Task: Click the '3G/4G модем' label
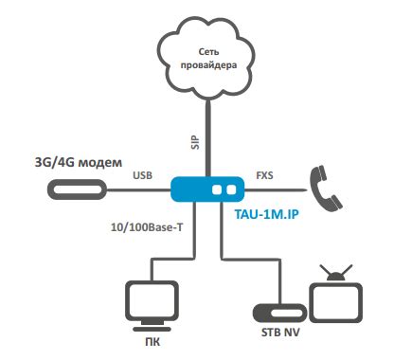click(x=79, y=162)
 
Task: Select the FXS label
click(x=265, y=176)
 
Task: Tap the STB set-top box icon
click(x=277, y=311)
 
